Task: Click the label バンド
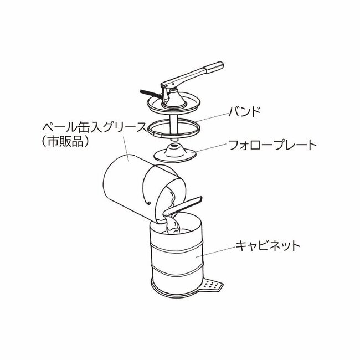245,112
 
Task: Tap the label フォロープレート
272,145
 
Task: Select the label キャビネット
268,246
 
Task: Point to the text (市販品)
65,142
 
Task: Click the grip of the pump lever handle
214,67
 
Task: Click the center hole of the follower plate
175,145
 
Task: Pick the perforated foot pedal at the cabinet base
213,285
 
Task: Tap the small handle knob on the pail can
149,203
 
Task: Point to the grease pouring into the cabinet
173,224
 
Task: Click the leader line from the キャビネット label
216,251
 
